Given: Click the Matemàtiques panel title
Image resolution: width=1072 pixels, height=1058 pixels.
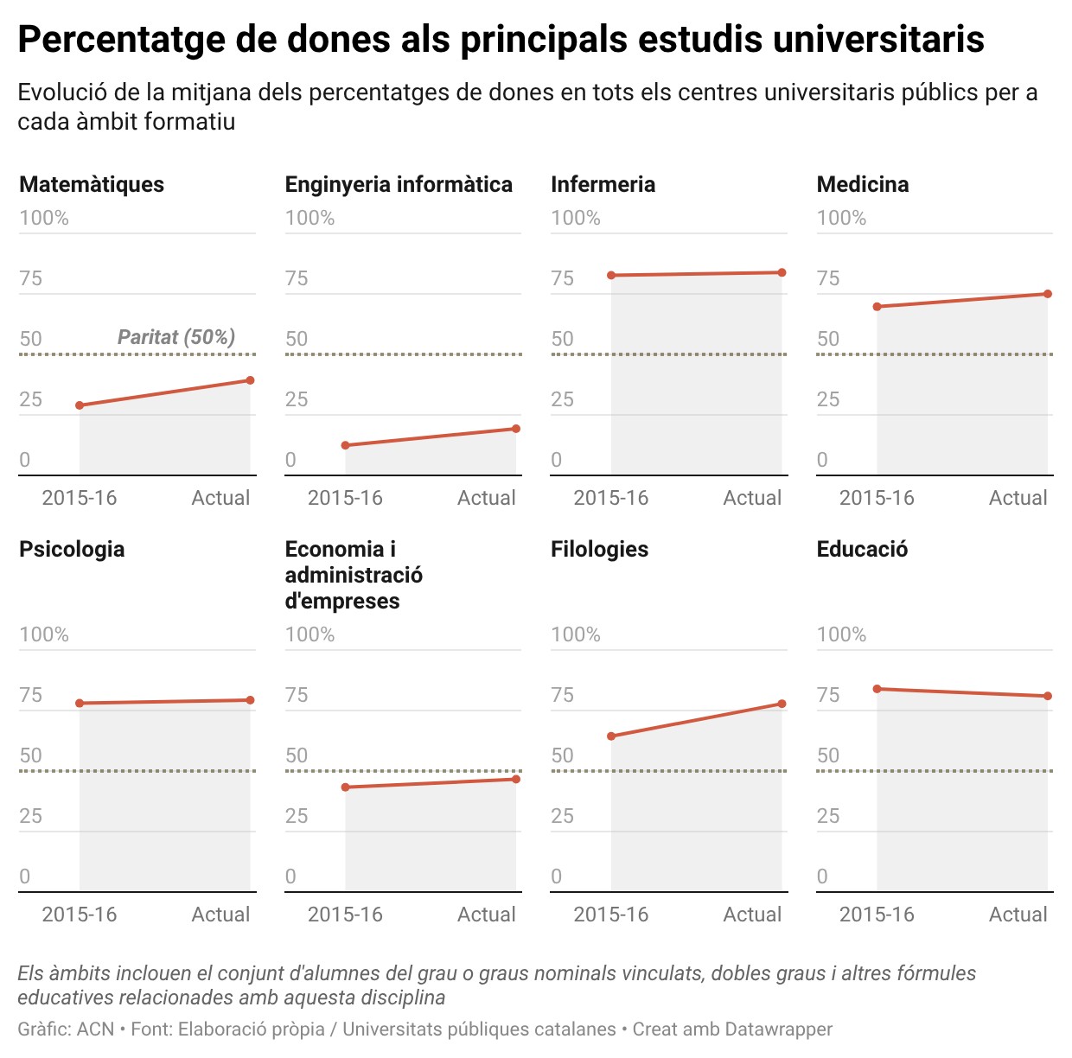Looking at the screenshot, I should coord(92,184).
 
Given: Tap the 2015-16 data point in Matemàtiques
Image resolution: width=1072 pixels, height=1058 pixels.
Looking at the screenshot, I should coord(80,405).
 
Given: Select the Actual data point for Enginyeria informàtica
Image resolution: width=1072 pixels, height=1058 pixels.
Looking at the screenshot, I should coord(516,429).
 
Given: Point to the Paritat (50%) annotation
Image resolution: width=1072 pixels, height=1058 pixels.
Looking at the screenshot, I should coord(176,337).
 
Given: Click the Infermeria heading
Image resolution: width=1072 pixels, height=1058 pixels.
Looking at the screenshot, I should coord(603,184).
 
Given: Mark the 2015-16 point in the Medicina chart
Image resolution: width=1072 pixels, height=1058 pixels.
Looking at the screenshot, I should coord(877,307).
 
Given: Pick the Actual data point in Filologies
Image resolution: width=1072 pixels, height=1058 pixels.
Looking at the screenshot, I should coord(782,704).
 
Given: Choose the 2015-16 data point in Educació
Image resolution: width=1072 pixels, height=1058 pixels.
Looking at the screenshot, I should coord(877,689).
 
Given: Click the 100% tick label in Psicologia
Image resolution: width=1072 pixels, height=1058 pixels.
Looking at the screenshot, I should coord(44,634).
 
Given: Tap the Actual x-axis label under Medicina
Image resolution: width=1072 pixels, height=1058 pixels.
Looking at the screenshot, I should coord(1018,498).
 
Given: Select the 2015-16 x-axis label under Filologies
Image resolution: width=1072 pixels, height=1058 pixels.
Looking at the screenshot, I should coord(610,915).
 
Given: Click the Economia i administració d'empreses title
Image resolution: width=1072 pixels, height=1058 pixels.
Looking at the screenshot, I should coord(354,575).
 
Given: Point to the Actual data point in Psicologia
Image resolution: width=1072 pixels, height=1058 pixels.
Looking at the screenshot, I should coord(251,700).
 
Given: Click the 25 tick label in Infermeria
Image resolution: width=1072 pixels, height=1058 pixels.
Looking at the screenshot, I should coord(562,399).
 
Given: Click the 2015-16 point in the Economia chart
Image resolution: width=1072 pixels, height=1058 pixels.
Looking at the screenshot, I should coord(345,787).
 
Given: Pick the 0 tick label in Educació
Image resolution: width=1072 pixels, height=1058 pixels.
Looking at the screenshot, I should coord(822,876).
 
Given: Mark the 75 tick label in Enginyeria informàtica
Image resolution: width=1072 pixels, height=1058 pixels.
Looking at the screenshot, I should coord(297,278).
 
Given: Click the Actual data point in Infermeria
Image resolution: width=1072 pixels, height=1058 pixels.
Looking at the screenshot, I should coord(782,273).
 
